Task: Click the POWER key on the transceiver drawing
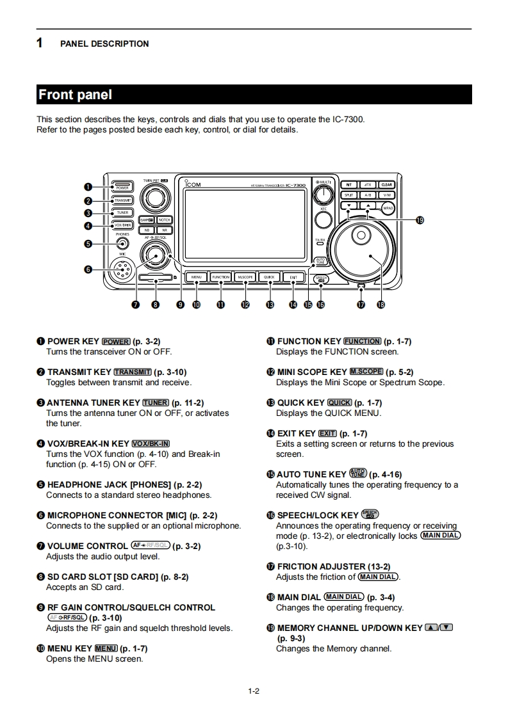point(122,187)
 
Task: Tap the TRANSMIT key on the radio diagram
point(122,200)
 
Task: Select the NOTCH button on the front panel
point(164,219)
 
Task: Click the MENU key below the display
point(196,277)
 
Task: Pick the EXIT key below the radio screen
point(293,277)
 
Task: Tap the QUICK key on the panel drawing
point(269,277)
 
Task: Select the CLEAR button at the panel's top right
point(387,185)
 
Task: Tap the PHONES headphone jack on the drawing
point(122,243)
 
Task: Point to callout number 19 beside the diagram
point(420,220)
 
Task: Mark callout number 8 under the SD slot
point(155,305)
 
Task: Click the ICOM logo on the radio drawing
point(192,185)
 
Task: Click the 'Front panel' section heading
point(76,95)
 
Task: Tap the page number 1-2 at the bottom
point(254,690)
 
